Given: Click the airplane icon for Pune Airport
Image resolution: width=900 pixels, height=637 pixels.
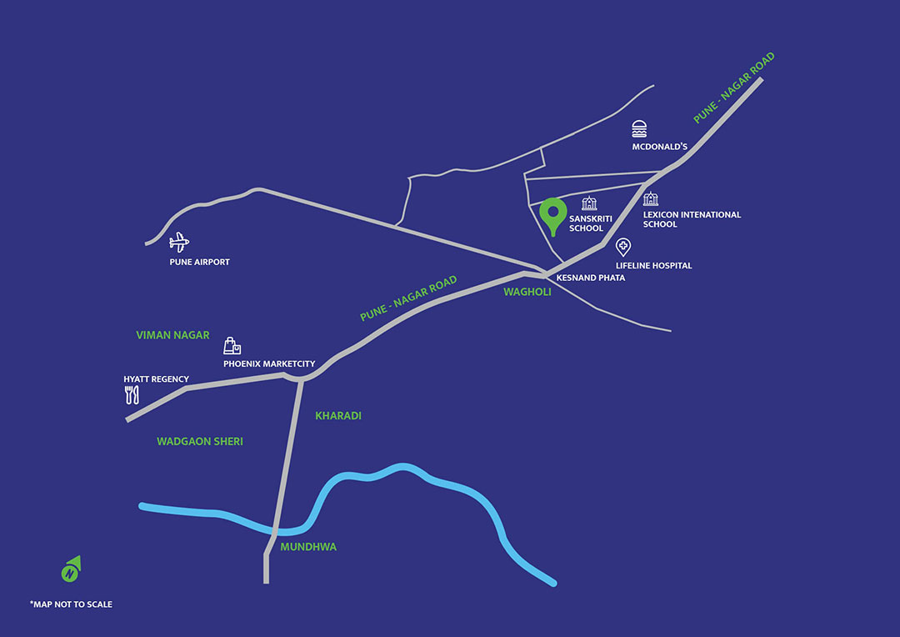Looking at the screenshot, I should [x=178, y=243].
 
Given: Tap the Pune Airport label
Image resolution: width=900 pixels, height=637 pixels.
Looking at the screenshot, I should [x=199, y=262].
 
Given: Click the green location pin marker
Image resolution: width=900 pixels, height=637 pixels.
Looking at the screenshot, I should [x=550, y=215].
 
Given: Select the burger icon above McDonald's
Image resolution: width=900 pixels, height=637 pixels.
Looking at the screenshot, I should [x=639, y=128].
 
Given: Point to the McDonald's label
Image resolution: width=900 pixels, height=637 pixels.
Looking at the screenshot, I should [x=658, y=148].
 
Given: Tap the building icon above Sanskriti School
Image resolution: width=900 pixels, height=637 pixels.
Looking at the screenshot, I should [x=589, y=203].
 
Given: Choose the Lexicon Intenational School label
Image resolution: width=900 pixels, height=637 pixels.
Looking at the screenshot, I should [x=691, y=219].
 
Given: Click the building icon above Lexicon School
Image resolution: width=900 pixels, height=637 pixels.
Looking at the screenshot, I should [x=650, y=198].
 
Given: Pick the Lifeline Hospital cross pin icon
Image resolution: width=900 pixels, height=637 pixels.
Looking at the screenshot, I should [x=622, y=248].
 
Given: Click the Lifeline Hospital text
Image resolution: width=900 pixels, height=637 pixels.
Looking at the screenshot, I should [x=653, y=266].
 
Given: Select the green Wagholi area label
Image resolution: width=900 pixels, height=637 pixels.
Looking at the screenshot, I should [x=527, y=292].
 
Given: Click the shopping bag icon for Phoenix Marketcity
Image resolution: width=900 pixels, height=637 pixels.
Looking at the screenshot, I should [x=232, y=347].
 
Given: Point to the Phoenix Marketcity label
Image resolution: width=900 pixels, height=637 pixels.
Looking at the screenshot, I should [x=268, y=364].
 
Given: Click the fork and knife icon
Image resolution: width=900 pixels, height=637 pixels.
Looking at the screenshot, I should [x=130, y=394].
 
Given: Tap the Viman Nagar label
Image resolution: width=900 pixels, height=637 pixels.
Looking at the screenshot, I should [x=172, y=335].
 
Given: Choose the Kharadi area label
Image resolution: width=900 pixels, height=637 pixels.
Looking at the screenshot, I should [x=337, y=415].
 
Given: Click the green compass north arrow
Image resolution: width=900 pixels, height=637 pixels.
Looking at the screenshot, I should [x=71, y=569].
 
